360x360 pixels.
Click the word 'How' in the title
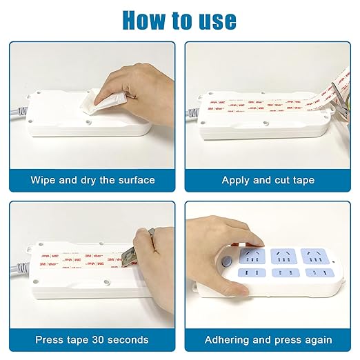pyautogui.click(x=145, y=19)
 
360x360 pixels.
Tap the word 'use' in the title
pyautogui.click(x=215, y=19)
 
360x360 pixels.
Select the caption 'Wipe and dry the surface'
pyautogui.click(x=92, y=180)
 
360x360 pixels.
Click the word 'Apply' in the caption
pyautogui.click(x=237, y=180)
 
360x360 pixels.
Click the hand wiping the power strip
pyautogui.click(x=124, y=79)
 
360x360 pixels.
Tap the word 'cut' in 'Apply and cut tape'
pyautogui.click(x=283, y=180)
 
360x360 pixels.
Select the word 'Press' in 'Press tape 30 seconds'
pyautogui.click(x=52, y=339)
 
